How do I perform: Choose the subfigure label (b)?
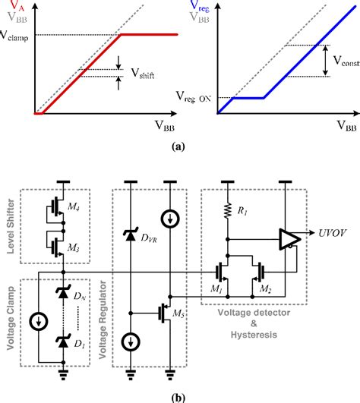click(179, 395)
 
